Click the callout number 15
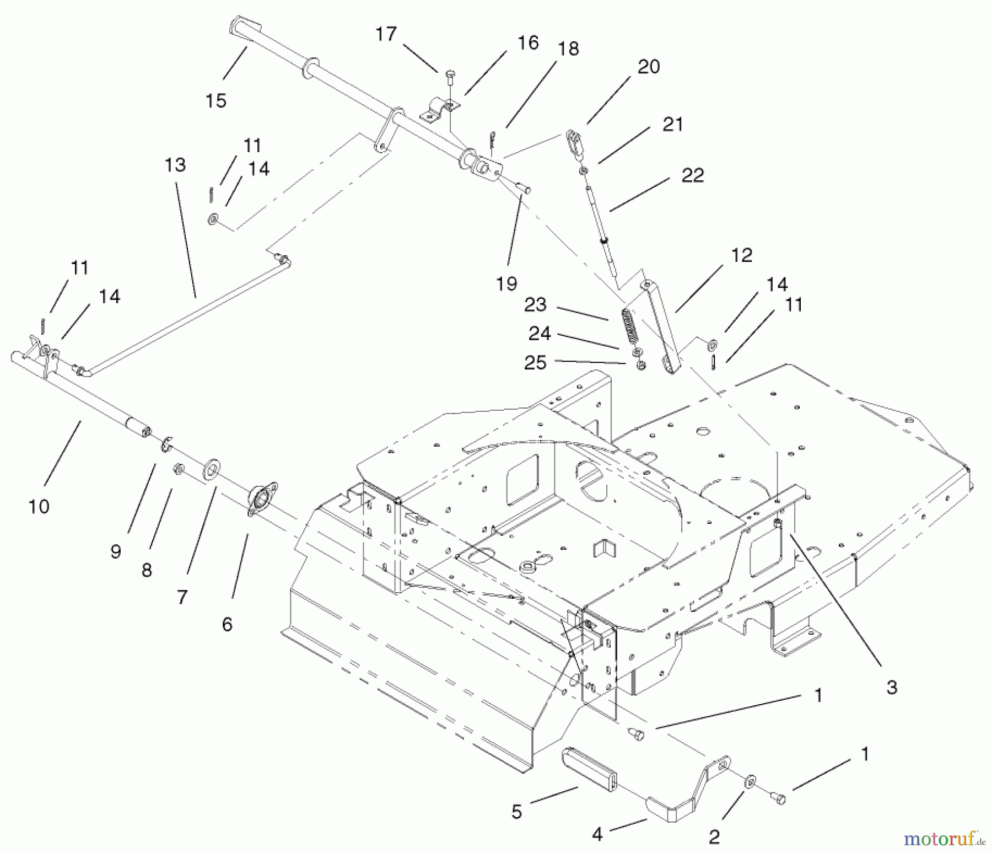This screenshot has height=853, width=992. (215, 101)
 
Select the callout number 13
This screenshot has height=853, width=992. (175, 165)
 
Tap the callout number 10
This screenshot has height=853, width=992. (39, 506)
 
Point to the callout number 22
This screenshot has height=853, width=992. (692, 175)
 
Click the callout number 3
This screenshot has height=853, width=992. (892, 687)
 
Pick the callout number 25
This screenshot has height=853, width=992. (535, 362)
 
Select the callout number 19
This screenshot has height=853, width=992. (506, 283)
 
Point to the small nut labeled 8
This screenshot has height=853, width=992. (179, 468)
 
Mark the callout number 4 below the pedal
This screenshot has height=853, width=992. (597, 834)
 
